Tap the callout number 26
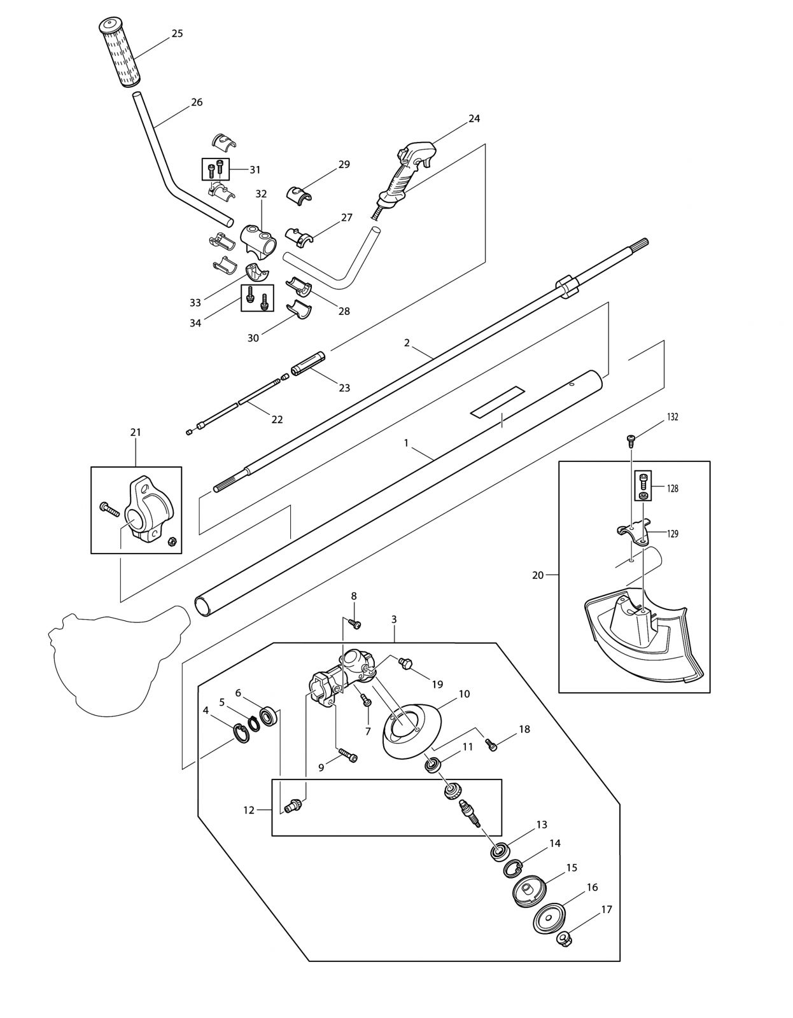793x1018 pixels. [197, 102]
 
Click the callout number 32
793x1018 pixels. [261, 193]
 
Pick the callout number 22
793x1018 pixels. [277, 419]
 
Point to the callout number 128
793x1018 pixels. [673, 489]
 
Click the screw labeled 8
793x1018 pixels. [356, 625]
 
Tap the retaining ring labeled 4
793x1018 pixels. [239, 733]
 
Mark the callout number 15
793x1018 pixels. [572, 868]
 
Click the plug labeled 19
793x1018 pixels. [404, 664]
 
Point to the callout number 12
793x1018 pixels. [249, 810]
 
